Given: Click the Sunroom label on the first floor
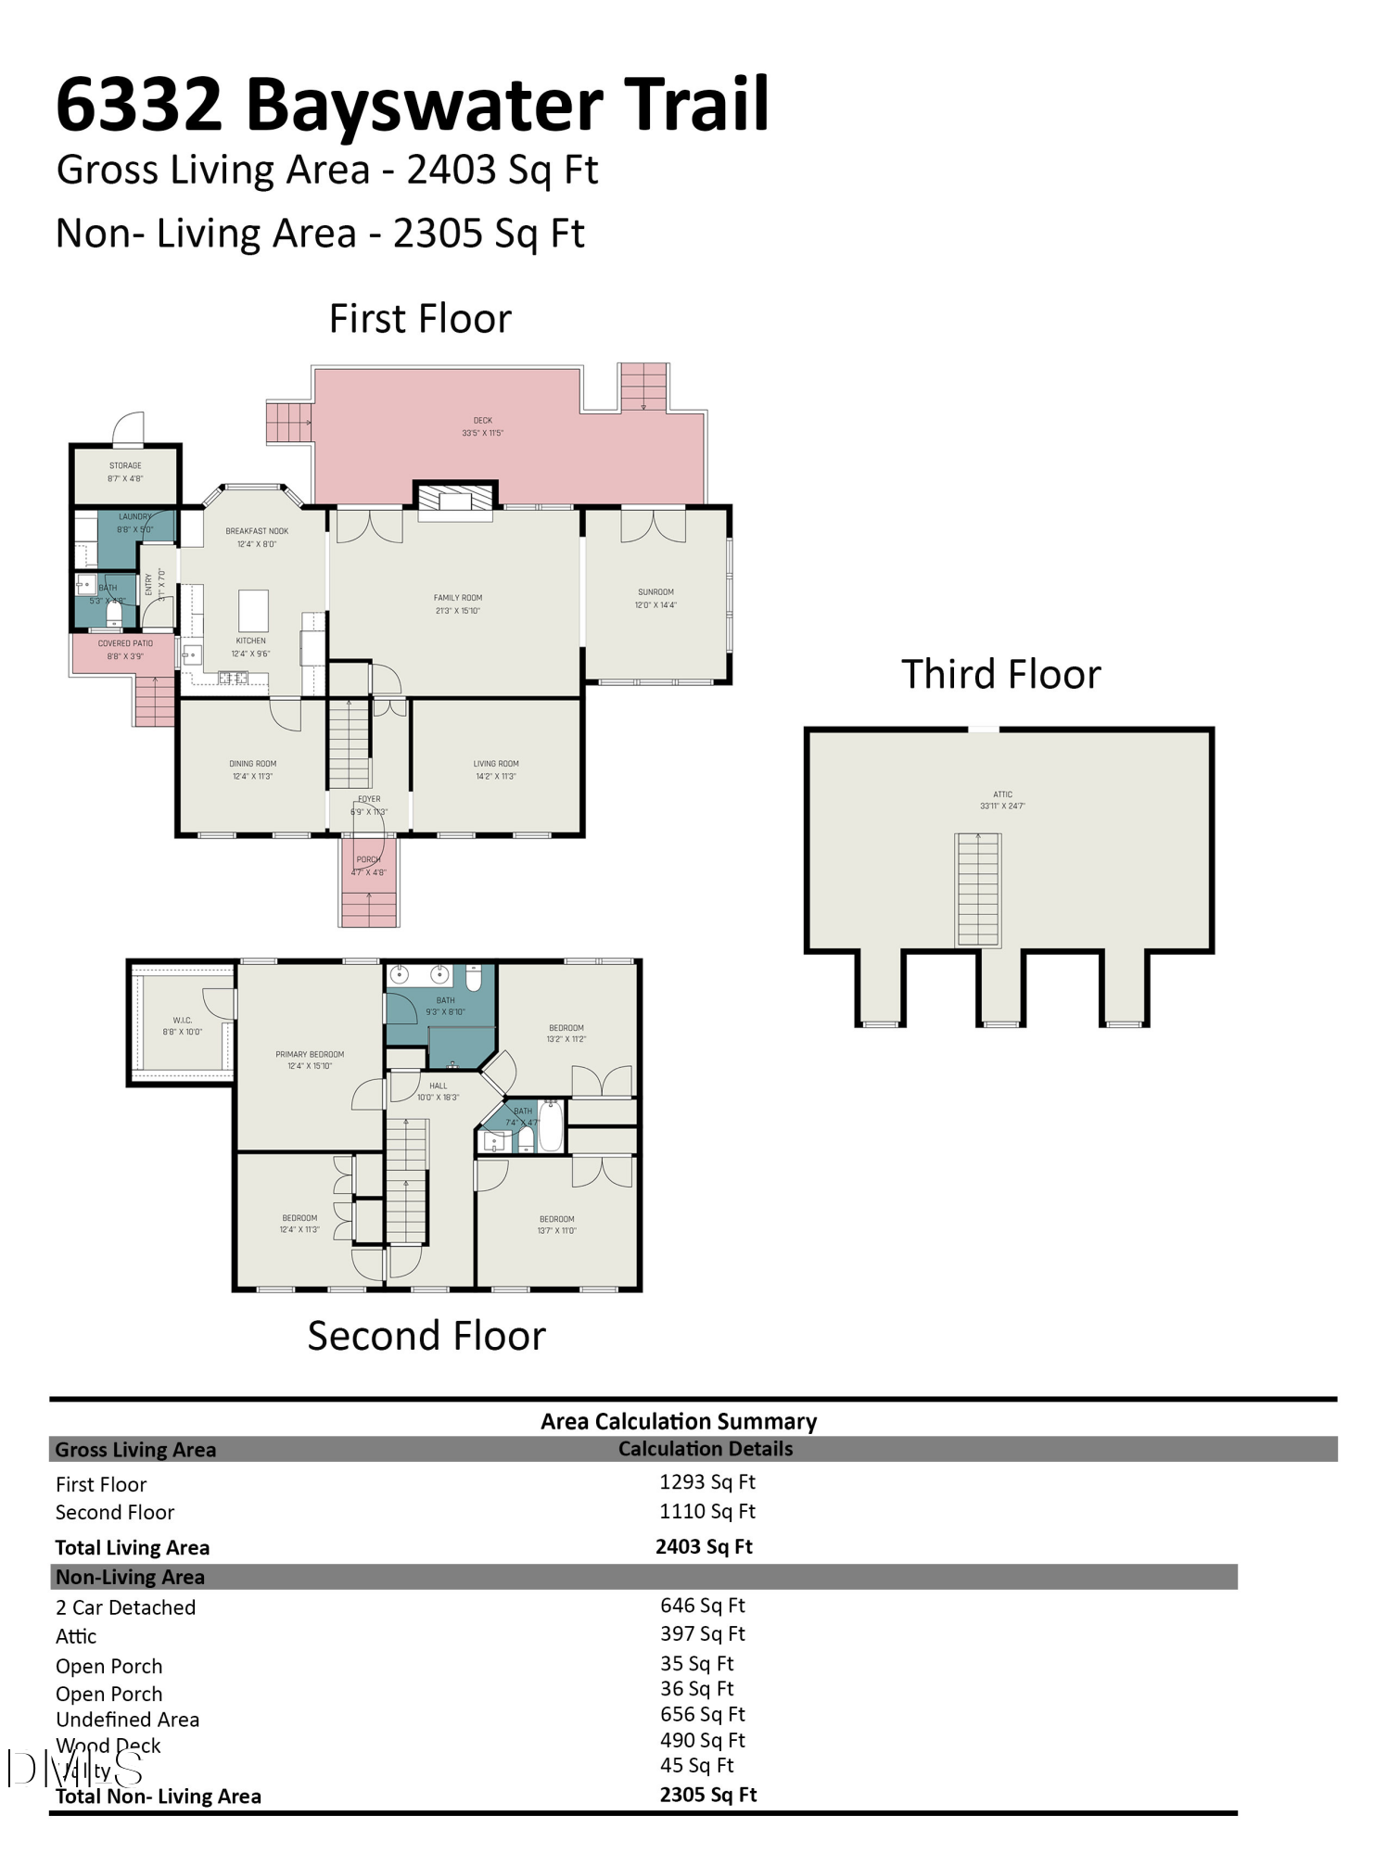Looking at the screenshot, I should [655, 598].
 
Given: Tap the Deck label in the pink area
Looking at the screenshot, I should [482, 426].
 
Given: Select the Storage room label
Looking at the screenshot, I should [125, 472].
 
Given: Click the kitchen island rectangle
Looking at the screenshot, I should [253, 611].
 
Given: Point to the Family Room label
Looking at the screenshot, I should [458, 603].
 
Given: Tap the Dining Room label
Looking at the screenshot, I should [252, 769].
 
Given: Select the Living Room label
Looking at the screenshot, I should [496, 769].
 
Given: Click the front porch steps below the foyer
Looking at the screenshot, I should [369, 908].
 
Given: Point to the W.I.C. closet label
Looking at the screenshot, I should [182, 1025].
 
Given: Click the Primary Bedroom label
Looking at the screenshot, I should [310, 1060].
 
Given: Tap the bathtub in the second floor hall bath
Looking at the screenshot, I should [551, 1125].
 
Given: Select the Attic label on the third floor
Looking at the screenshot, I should [1002, 800].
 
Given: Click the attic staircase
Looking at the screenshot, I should [978, 890].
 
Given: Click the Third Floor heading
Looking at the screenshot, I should [1000, 674].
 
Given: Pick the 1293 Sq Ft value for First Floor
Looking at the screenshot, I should [707, 1482].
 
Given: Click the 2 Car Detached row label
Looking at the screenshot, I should [125, 1607].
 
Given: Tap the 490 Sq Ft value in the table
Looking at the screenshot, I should [703, 1740].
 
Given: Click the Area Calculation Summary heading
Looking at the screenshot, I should [679, 1421].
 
